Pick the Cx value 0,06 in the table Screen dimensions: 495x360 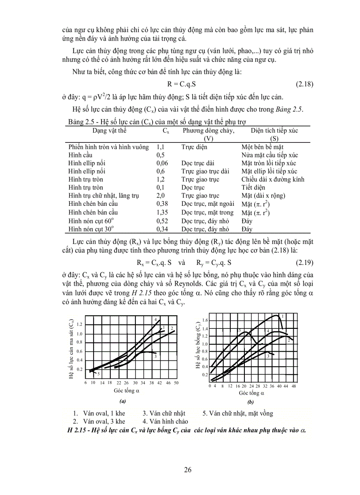[162, 163]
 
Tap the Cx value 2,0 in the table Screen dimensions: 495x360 [161, 196]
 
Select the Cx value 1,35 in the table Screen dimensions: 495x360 [162, 212]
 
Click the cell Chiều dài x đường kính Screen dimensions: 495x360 [273, 179]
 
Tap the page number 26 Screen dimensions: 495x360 [188, 469]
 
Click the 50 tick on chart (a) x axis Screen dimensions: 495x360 [176, 383]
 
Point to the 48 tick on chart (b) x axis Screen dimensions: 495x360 [293, 385]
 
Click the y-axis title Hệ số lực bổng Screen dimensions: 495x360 [199, 346]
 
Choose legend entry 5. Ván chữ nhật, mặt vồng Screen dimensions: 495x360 [237, 413]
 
